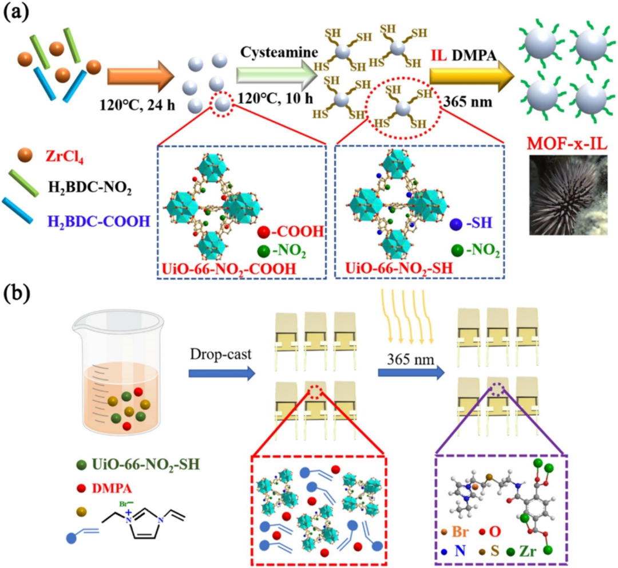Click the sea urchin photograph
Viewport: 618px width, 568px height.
[x=565, y=198]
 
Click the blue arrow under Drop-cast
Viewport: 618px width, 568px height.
[x=221, y=374]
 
